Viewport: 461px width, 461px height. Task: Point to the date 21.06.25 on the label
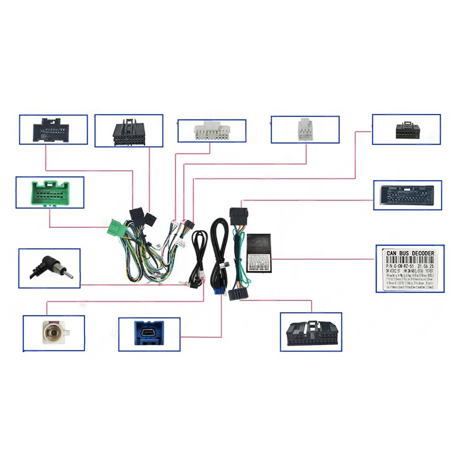[425, 266]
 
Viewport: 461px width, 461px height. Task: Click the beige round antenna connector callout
[53, 333]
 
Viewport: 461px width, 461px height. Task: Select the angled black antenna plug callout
[49, 268]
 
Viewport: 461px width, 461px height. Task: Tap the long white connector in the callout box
[212, 131]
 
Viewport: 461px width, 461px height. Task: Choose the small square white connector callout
[305, 129]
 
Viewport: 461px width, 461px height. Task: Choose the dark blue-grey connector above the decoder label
[407, 195]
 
